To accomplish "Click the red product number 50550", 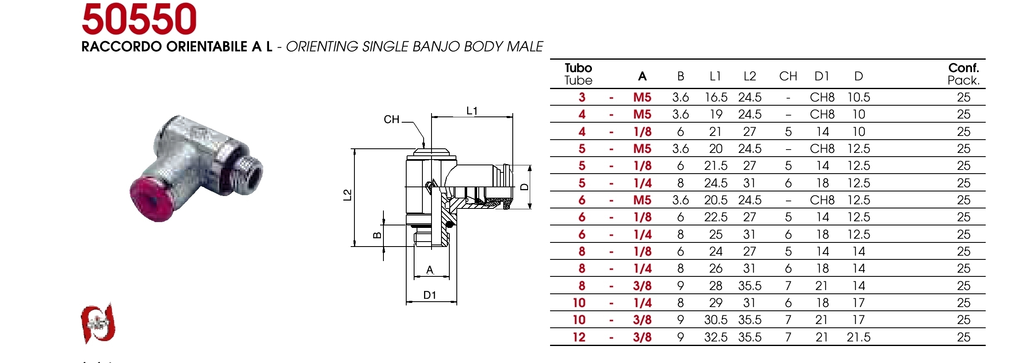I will click(139, 19).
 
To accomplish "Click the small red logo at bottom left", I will click(98, 323).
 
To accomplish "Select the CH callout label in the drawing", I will click(391, 120).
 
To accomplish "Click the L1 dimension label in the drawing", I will click(472, 111).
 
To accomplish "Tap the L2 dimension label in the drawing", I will click(347, 195).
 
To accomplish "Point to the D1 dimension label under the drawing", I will click(430, 295).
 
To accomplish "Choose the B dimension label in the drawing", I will click(377, 235).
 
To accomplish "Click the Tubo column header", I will click(578, 74).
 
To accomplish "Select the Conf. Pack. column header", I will click(963, 74).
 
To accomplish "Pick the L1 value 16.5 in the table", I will click(716, 97).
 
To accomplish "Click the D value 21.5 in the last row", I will click(858, 337).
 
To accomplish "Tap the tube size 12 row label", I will click(579, 337).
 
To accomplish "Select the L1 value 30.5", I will click(716, 320).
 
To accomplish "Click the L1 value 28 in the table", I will click(716, 286).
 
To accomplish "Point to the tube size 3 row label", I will click(582, 97).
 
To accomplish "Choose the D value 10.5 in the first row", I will click(858, 97).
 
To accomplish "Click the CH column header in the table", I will click(788, 76).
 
